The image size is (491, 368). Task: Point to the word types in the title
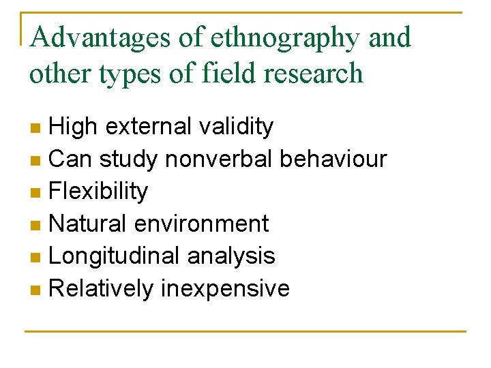coord(132,73)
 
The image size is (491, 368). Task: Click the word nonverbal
coord(219,159)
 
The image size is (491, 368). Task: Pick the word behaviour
coord(333,159)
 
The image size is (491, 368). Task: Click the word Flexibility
coord(99,191)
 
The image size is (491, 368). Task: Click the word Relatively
coord(102,288)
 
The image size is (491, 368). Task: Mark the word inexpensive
coord(226,288)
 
